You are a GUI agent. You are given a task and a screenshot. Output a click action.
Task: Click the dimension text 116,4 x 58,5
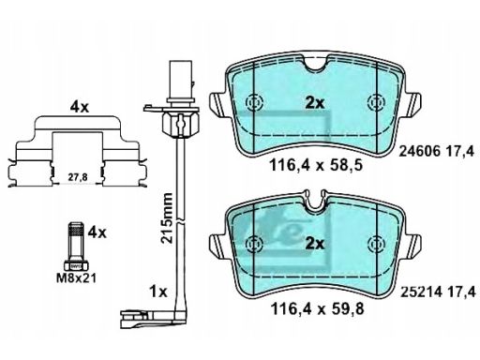[316, 165]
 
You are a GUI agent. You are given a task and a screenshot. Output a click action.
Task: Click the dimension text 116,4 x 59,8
[317, 309]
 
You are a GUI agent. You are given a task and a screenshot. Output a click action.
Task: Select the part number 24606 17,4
[437, 152]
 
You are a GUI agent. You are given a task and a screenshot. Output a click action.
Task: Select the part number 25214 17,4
[438, 292]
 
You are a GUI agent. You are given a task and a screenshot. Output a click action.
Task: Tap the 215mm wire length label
[166, 217]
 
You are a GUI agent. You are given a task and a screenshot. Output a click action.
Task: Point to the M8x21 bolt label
[76, 277]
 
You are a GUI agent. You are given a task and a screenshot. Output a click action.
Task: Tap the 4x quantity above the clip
[80, 108]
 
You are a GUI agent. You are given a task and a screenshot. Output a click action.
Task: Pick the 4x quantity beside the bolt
[97, 232]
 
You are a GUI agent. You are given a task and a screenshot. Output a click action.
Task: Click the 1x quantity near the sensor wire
[158, 292]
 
